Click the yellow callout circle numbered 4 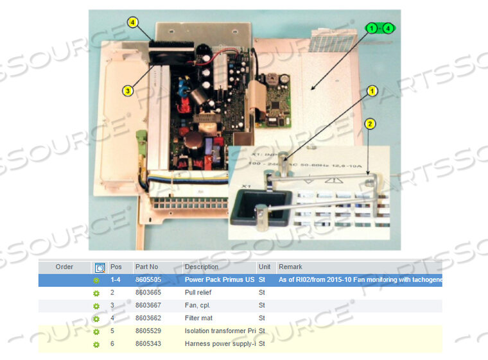pyautogui.click(x=133, y=22)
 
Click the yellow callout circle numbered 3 pyautogui.click(x=128, y=91)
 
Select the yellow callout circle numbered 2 pyautogui.click(x=370, y=123)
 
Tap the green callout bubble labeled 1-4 pyautogui.click(x=380, y=28)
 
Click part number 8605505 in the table pyautogui.click(x=148, y=280)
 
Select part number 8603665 pyautogui.click(x=148, y=293)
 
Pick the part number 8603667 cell pyautogui.click(x=148, y=305)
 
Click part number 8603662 pyautogui.click(x=148, y=318)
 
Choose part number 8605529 pyautogui.click(x=148, y=331)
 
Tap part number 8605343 pyautogui.click(x=148, y=344)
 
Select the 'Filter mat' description pyautogui.click(x=198, y=318)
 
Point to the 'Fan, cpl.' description pyautogui.click(x=197, y=305)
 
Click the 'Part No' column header pyautogui.click(x=146, y=267)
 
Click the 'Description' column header pyautogui.click(x=202, y=267)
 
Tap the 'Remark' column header pyautogui.click(x=290, y=267)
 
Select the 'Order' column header pyautogui.click(x=64, y=267)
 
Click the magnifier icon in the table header pyautogui.click(x=100, y=268)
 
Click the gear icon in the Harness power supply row pyautogui.click(x=96, y=345)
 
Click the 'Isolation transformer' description pyautogui.click(x=219, y=331)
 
